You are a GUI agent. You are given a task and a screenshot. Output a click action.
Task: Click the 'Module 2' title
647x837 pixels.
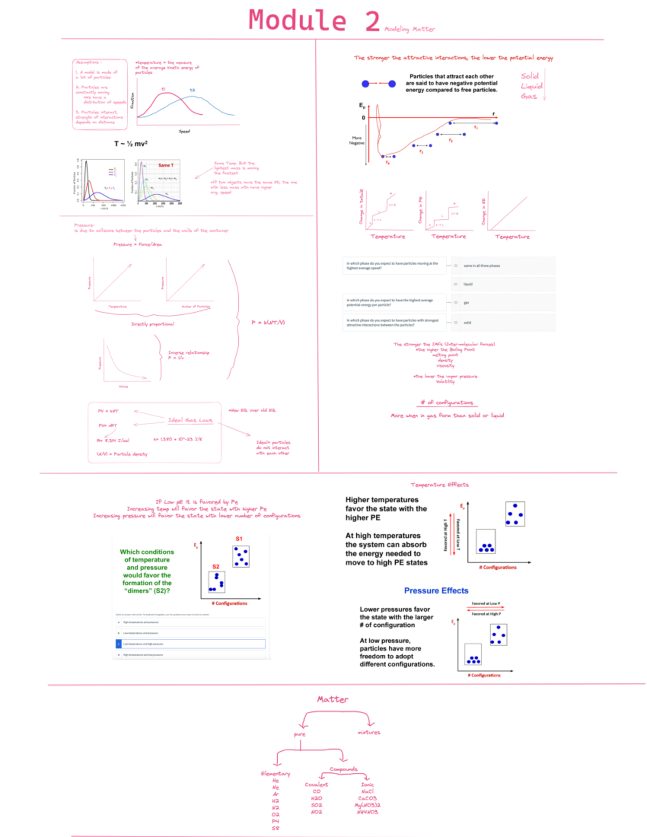click(x=314, y=21)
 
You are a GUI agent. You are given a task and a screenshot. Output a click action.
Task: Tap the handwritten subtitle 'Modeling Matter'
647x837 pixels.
click(x=409, y=29)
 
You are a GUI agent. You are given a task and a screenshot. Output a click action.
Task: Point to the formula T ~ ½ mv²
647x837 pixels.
click(x=130, y=143)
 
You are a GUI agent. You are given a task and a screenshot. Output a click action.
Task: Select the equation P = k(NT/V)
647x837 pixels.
click(x=268, y=322)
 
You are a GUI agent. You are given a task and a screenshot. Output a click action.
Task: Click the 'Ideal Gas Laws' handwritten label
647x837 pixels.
click(x=190, y=420)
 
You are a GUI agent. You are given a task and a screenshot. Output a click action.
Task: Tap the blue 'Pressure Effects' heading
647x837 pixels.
click(x=436, y=591)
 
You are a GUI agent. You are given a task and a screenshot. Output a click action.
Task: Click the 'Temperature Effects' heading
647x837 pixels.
click(x=439, y=485)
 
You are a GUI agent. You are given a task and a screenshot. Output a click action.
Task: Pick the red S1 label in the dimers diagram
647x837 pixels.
click(x=239, y=539)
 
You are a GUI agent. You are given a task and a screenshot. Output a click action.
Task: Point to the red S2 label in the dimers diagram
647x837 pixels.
click(x=216, y=566)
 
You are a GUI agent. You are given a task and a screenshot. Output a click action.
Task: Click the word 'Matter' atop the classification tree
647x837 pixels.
click(x=332, y=699)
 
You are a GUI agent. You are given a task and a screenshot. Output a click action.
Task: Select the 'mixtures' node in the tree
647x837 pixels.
click(x=369, y=732)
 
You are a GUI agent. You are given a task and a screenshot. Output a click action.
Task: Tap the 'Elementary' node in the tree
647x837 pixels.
click(x=275, y=773)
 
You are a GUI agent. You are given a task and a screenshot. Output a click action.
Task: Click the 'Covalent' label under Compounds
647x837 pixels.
click(x=316, y=785)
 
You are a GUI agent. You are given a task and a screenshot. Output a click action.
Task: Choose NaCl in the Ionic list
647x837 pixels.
click(x=367, y=791)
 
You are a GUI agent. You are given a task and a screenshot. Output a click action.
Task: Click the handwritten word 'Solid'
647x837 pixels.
click(x=529, y=76)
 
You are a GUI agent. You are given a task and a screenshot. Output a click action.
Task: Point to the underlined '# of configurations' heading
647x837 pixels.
click(x=446, y=403)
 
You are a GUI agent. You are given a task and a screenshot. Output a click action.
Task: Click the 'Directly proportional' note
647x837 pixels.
click(x=153, y=324)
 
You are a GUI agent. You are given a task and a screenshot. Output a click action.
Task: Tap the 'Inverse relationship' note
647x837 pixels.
click(x=189, y=352)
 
